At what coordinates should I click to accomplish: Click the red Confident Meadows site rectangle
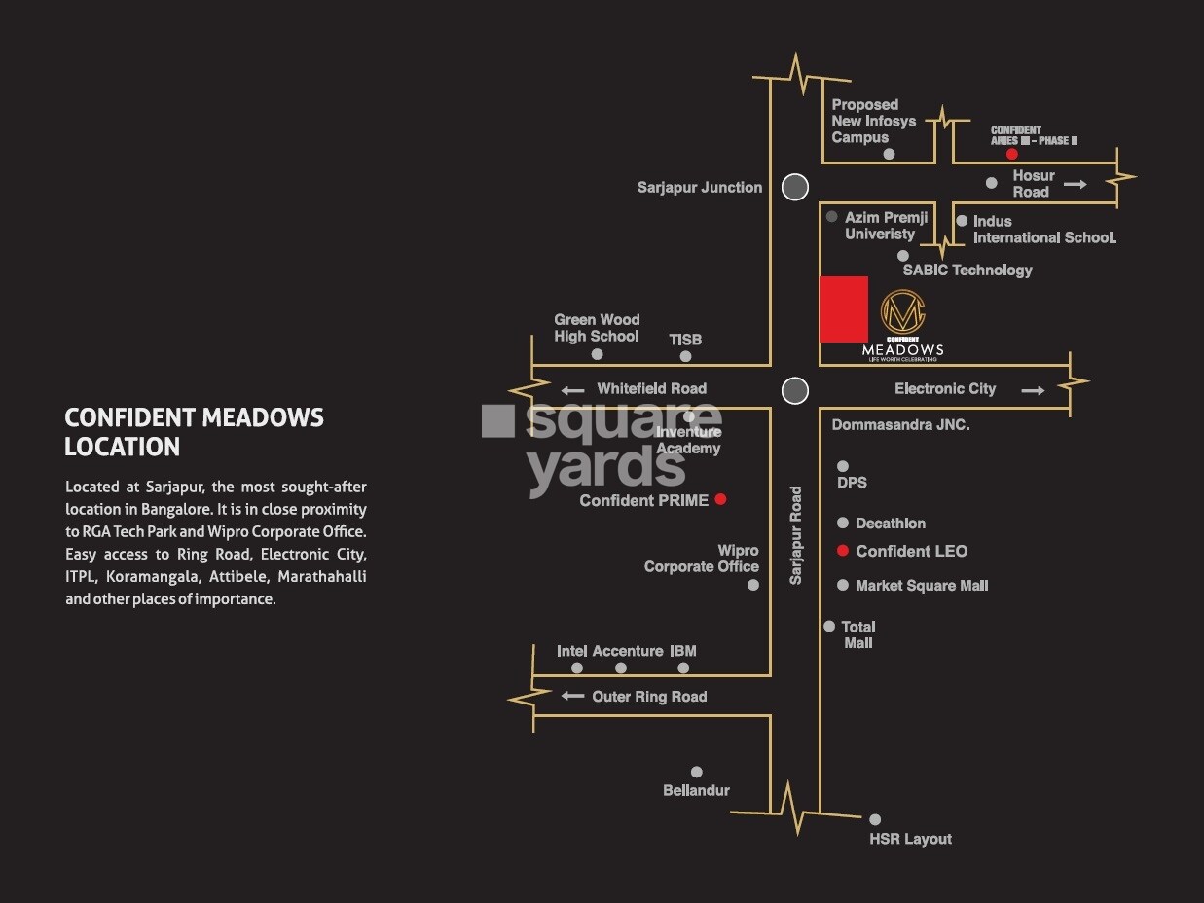[843, 309]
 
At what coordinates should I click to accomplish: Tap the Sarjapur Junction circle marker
[795, 187]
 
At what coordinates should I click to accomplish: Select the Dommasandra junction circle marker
[795, 391]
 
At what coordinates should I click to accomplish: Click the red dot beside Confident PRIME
[720, 499]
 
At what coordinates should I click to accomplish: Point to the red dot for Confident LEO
[843, 551]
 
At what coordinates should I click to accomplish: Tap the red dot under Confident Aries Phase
[1012, 154]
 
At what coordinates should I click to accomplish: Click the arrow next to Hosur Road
[1075, 183]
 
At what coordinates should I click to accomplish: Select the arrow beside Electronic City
[1033, 390]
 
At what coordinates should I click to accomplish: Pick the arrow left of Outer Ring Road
[573, 696]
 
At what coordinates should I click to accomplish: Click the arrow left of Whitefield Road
[573, 390]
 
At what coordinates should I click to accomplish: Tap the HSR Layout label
[910, 839]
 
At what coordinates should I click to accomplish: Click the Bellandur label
[696, 790]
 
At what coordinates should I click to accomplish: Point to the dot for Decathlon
[843, 524]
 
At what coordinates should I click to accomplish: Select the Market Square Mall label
[922, 586]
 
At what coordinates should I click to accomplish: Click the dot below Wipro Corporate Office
[752, 585]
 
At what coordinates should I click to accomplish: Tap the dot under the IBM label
[683, 668]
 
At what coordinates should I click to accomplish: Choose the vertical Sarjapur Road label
[796, 535]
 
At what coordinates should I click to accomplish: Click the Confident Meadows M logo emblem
[902, 311]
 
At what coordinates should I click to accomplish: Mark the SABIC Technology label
[967, 270]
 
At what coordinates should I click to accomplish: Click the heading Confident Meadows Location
[194, 432]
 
